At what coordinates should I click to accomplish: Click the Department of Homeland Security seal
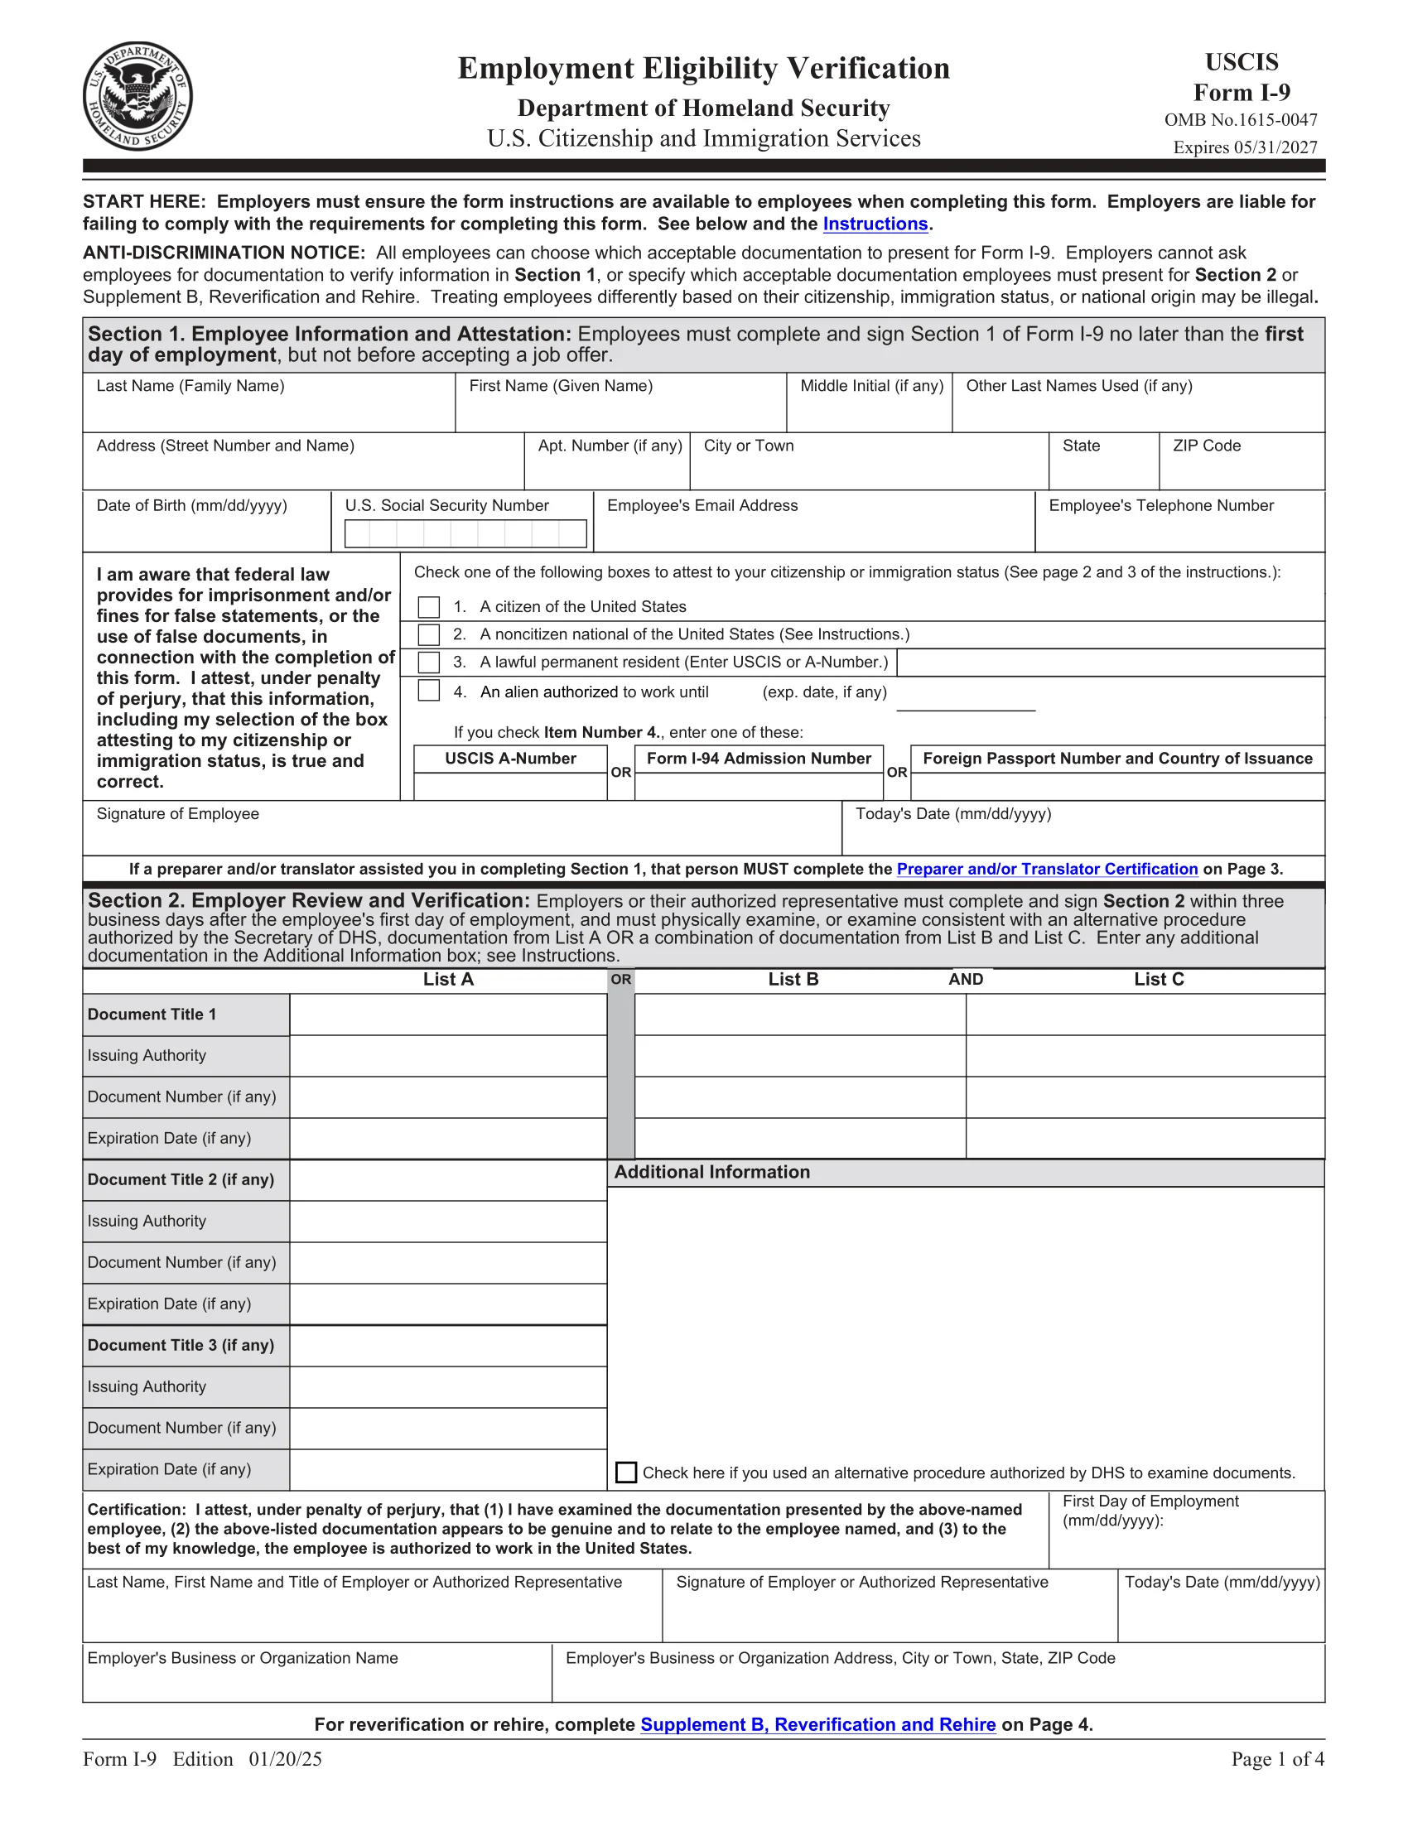[137, 96]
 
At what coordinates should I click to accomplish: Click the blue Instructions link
[875, 224]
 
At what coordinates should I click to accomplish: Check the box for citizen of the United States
[429, 606]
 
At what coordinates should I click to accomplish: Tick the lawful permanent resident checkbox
[429, 663]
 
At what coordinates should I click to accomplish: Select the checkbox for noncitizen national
[429, 634]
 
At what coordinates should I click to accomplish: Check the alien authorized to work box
[429, 691]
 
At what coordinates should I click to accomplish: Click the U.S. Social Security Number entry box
[465, 534]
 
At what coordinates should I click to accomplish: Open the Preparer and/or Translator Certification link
[1047, 869]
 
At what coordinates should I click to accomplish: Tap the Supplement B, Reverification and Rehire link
[817, 1724]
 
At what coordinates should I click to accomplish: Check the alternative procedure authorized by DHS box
[625, 1473]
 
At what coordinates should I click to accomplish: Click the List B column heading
[793, 980]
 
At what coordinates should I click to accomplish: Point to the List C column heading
[1159, 980]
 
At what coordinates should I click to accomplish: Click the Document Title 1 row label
[152, 1015]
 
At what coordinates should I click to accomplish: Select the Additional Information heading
[711, 1172]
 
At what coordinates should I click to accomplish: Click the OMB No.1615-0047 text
[1241, 120]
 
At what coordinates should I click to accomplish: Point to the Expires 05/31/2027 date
[1245, 147]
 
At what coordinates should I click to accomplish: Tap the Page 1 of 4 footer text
[1277, 1759]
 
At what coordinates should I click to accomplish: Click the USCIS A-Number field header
[510, 759]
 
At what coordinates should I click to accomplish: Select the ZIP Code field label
[1206, 446]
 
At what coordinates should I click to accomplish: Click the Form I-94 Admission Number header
[758, 759]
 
